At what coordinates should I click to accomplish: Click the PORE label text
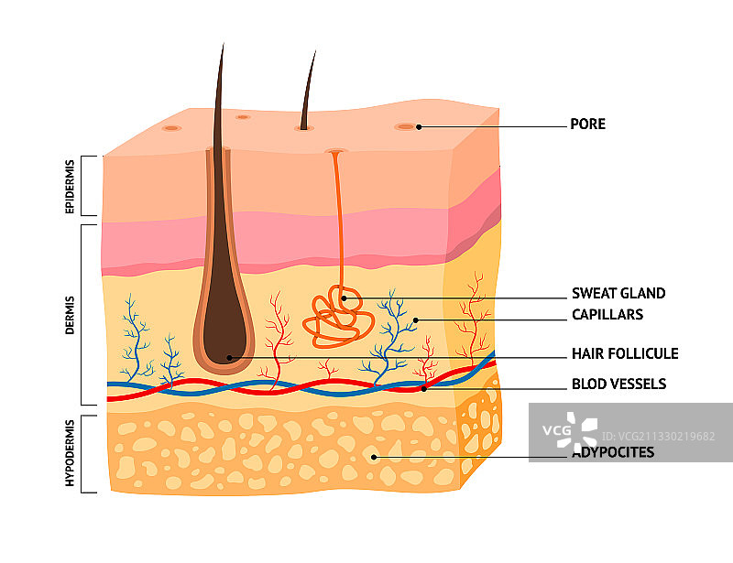587,125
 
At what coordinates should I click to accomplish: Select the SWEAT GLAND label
618,294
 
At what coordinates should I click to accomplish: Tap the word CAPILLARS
607,315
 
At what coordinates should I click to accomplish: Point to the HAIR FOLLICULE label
624,354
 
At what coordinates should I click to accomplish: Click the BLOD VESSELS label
618,384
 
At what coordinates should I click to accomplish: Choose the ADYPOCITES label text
613,452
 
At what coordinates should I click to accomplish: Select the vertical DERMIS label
71,314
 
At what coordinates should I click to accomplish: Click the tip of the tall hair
221,46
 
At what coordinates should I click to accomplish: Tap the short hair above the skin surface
308,92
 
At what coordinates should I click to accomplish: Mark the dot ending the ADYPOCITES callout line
373,455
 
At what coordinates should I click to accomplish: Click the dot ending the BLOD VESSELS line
424,388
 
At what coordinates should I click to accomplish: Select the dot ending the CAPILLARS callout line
414,319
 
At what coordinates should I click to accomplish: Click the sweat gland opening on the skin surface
335,151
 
